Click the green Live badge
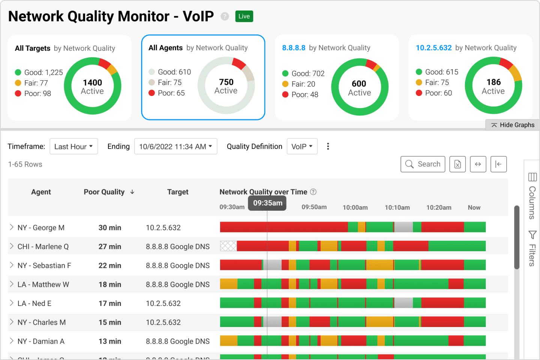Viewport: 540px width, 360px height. coord(244,16)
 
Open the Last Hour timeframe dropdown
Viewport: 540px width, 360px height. coord(73,147)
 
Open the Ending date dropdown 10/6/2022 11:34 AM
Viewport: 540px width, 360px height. coord(175,147)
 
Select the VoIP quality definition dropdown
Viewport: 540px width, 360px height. coord(302,147)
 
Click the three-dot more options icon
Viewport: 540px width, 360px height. coord(328,147)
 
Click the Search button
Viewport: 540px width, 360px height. coord(423,164)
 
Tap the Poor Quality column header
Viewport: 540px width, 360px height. coord(104,192)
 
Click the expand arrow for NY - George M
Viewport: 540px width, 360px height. coord(12,227)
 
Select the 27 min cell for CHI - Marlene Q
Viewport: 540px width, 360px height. coord(110,247)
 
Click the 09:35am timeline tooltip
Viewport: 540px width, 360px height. coord(267,203)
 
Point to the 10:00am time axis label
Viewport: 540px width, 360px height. coord(355,208)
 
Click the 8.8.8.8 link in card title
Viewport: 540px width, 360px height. coord(294,48)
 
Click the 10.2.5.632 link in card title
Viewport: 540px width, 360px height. coord(433,48)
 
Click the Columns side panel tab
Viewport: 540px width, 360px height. coord(532,195)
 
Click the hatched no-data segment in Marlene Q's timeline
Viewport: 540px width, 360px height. coord(228,246)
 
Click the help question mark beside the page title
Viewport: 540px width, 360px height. coord(225,16)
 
